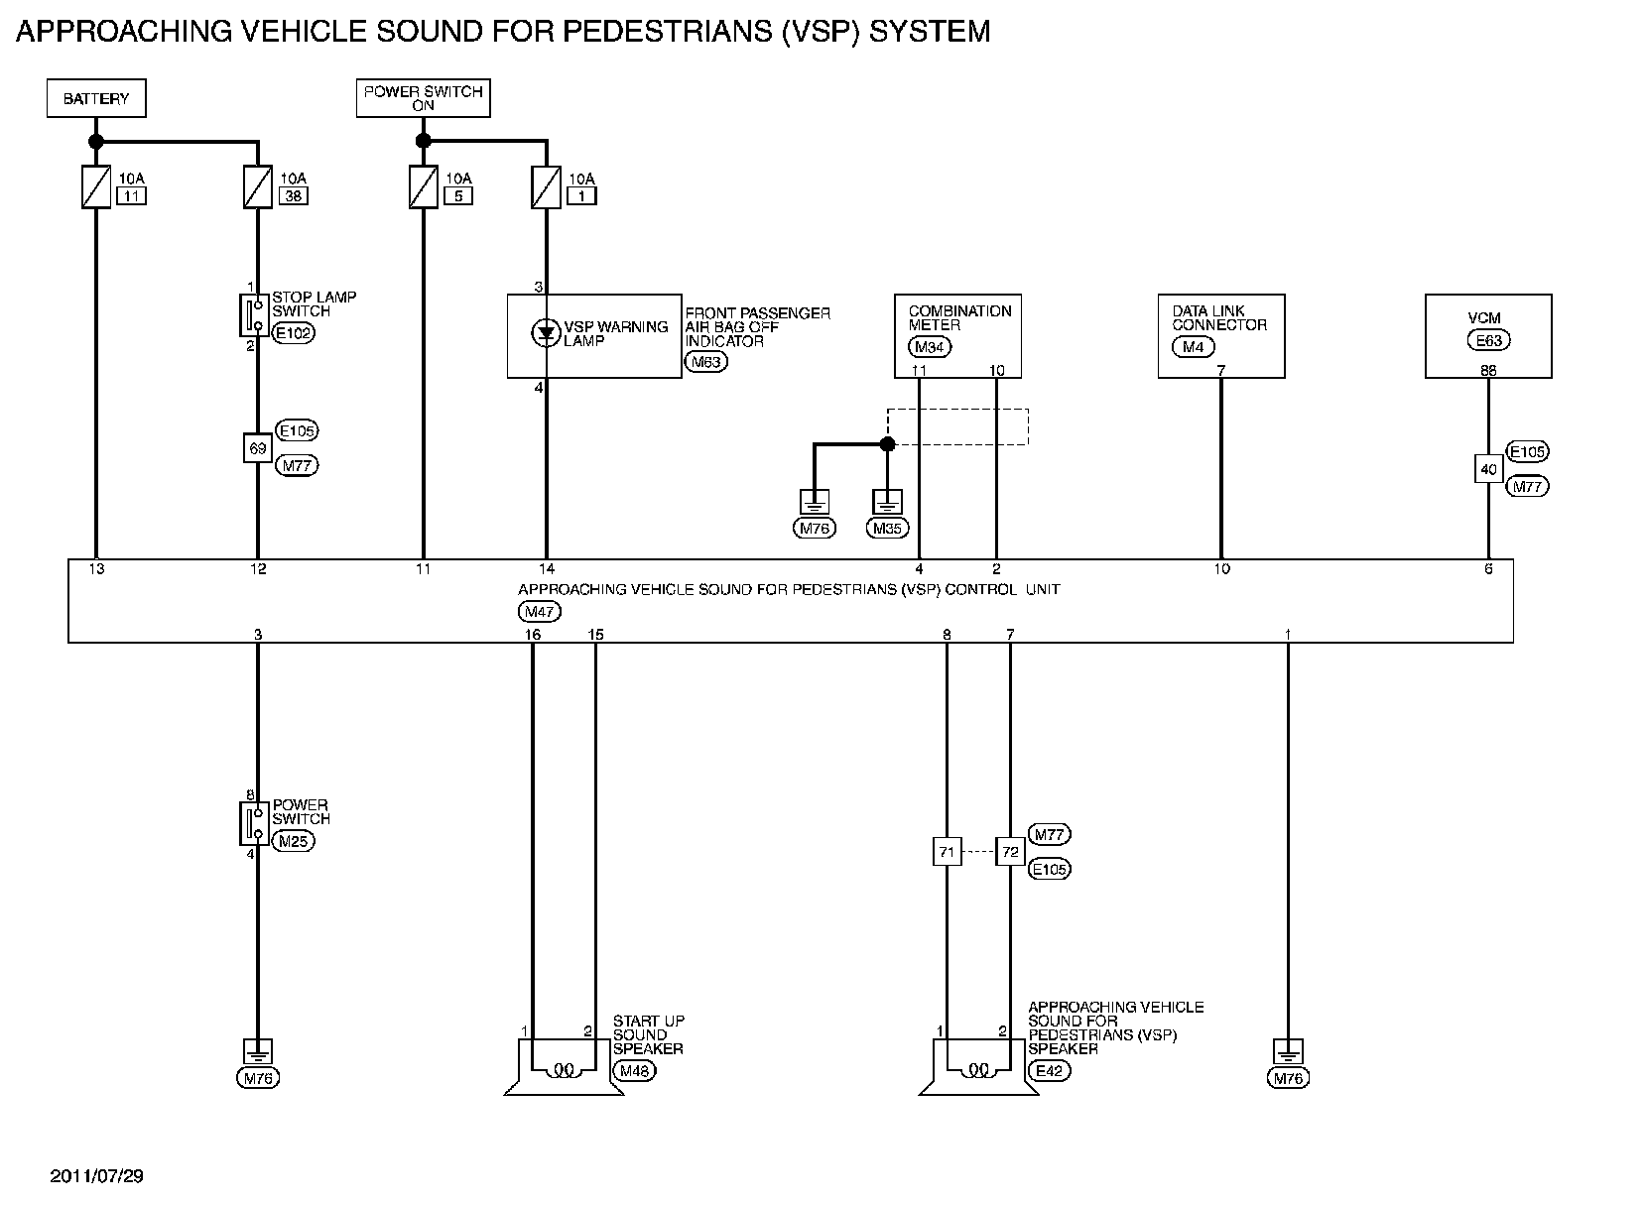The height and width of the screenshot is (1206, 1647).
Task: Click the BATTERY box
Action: [x=96, y=98]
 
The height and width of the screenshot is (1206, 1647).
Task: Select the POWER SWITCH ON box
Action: [x=424, y=98]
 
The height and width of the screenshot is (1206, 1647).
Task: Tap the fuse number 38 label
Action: [x=293, y=196]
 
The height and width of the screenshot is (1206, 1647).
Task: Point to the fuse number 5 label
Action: [x=458, y=196]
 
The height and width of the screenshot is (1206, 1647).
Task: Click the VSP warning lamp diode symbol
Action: [x=546, y=333]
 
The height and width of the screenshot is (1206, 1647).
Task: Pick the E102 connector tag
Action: [x=294, y=333]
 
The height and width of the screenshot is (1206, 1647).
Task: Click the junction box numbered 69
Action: [x=257, y=448]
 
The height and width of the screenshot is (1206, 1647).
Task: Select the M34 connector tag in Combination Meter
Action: [x=930, y=347]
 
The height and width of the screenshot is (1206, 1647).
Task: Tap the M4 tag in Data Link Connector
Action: [x=1193, y=347]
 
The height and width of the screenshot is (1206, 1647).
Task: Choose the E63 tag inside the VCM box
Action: [x=1489, y=340]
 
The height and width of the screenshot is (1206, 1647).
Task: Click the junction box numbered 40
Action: [x=1489, y=469]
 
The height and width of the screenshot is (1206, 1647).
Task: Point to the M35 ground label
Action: [x=887, y=528]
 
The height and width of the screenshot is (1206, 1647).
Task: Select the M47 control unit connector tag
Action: [x=540, y=612]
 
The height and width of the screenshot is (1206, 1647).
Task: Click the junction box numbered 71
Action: [x=947, y=852]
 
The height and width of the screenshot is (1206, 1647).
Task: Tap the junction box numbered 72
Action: [x=1010, y=852]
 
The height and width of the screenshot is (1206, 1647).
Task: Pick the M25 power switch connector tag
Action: [x=294, y=841]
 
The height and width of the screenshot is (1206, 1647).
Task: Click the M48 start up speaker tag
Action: [x=634, y=1071]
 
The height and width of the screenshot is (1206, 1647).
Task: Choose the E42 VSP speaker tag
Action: [x=1050, y=1071]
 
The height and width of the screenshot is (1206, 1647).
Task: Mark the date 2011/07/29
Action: [x=96, y=1176]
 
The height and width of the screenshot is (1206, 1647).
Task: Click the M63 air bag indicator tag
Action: [x=705, y=362]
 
